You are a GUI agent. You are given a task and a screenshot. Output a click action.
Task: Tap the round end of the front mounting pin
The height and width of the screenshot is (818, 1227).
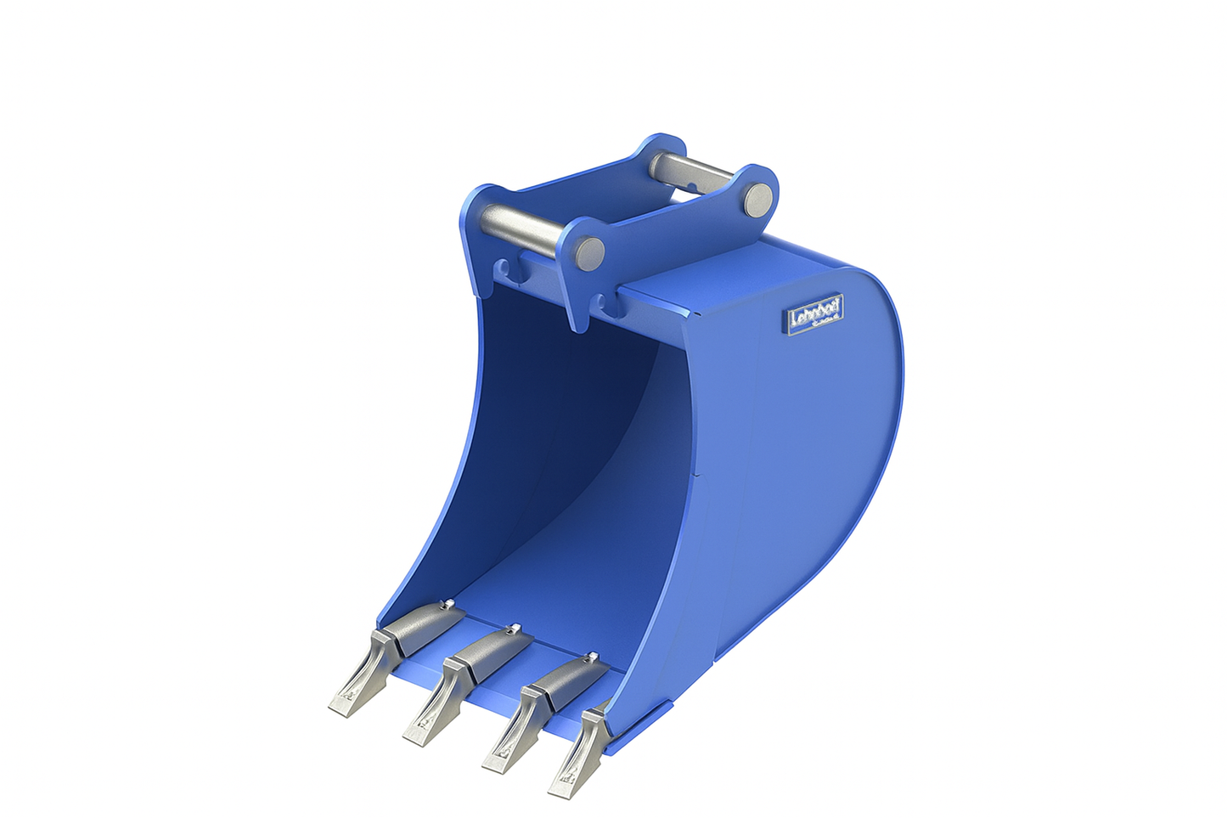[x=589, y=251]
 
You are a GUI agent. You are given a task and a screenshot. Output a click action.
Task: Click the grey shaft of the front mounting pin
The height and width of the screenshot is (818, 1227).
[x=521, y=223]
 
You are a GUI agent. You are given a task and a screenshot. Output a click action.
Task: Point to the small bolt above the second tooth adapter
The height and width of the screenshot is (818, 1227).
[x=512, y=629]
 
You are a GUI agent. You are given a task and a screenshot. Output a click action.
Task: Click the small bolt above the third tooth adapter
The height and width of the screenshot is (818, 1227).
[x=594, y=655]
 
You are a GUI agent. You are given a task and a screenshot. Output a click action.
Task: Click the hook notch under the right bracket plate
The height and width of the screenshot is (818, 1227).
[x=605, y=302]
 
